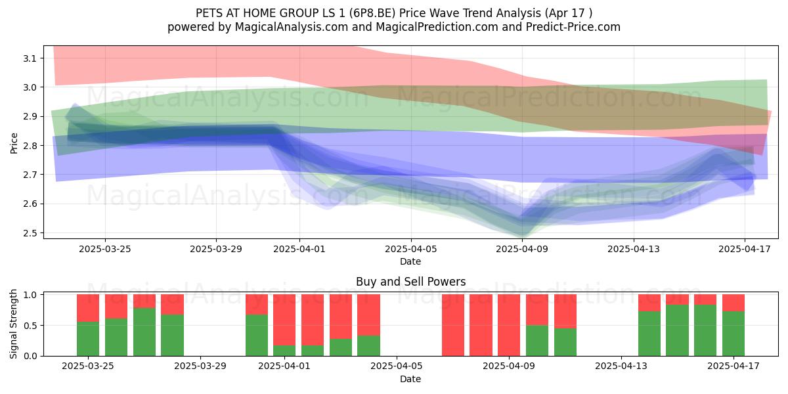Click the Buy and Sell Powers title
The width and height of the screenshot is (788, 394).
pyautogui.click(x=410, y=282)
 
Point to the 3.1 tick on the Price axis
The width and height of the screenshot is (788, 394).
pyautogui.click(x=30, y=58)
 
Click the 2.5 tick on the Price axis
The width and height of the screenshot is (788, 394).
pyautogui.click(x=30, y=233)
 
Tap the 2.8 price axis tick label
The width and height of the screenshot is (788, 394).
pyautogui.click(x=30, y=146)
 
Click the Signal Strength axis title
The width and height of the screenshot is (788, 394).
pyautogui.click(x=13, y=324)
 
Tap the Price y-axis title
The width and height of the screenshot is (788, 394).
pyautogui.click(x=14, y=143)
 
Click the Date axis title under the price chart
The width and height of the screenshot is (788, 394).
pyautogui.click(x=410, y=261)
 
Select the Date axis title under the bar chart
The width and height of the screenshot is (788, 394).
pyautogui.click(x=410, y=379)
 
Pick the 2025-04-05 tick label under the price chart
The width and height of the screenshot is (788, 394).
pyautogui.click(x=410, y=249)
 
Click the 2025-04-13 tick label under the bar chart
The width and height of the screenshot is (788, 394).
pyautogui.click(x=621, y=366)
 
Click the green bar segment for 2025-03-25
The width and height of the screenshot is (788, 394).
pyautogui.click(x=88, y=339)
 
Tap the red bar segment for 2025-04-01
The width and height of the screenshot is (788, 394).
pyautogui.click(x=284, y=320)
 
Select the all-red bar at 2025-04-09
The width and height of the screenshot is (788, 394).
pyautogui.click(x=509, y=325)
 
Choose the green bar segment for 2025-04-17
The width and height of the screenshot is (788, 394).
pyautogui.click(x=733, y=334)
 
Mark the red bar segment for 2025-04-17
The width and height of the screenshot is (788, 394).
pyautogui.click(x=733, y=303)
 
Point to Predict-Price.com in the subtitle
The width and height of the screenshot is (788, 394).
pyautogui.click(x=573, y=27)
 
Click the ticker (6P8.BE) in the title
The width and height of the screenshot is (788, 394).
pyautogui.click(x=372, y=13)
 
